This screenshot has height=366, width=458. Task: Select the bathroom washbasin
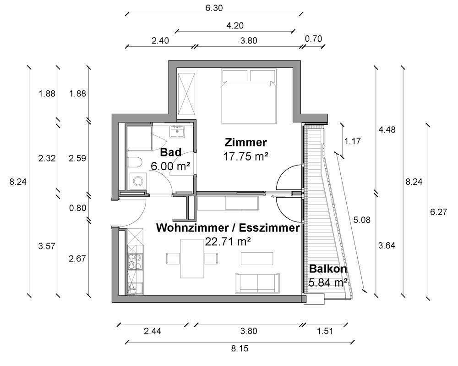pyautogui.click(x=177, y=133)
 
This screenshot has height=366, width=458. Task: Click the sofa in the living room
pyautogui.click(x=257, y=283)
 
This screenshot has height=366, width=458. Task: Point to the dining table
pyautogui.click(x=192, y=259)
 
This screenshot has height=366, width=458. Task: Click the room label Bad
pyautogui.click(x=170, y=152)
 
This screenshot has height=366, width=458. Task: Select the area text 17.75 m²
pyautogui.click(x=245, y=156)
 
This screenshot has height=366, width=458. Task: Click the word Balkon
pyautogui.click(x=327, y=269)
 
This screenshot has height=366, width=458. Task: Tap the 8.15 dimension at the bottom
pyautogui.click(x=239, y=349)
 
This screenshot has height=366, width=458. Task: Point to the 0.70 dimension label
pyautogui.click(x=313, y=39)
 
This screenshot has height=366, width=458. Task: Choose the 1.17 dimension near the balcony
pyautogui.click(x=352, y=141)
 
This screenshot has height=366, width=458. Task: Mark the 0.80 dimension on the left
pyautogui.click(x=77, y=208)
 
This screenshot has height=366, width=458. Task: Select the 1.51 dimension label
pyautogui.click(x=324, y=331)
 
